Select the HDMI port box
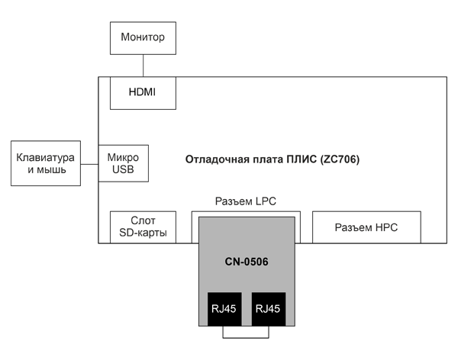click(144, 92)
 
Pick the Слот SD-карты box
click(144, 227)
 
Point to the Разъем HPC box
click(366, 227)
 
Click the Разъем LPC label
click(245, 201)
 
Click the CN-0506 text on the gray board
click(246, 262)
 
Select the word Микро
click(123, 156)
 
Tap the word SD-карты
click(144, 233)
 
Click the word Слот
click(144, 220)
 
